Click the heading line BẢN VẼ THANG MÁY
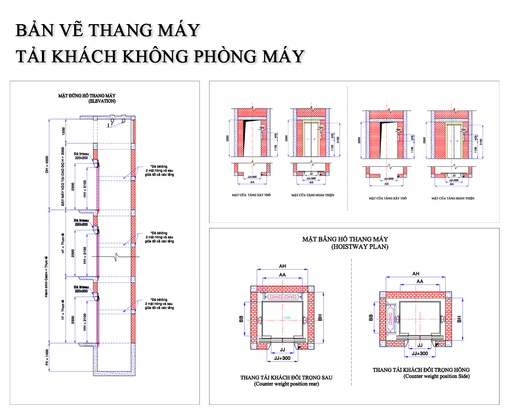click(x=108, y=31)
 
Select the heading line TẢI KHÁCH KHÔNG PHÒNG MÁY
click(x=160, y=56)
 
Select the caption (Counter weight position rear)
click(x=287, y=384)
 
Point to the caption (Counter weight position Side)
click(x=436, y=376)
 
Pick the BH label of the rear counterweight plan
click(x=321, y=318)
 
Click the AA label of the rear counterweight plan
click(x=282, y=275)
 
